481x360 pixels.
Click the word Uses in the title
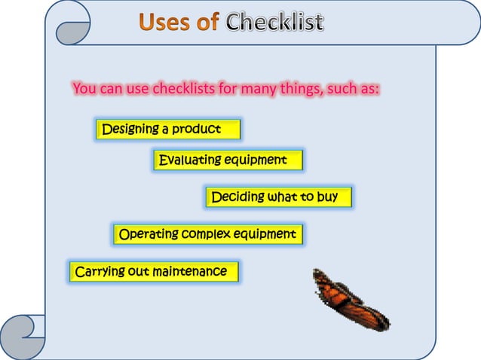(164, 23)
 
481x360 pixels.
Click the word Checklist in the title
(275, 23)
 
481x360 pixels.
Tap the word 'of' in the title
(207, 23)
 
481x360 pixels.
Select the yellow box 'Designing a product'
(168, 129)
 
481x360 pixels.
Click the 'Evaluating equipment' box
(228, 160)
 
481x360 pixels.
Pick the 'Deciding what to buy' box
(278, 197)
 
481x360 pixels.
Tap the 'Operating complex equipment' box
(208, 234)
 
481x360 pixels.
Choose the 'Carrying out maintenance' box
(154, 271)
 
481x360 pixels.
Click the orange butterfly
(348, 300)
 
